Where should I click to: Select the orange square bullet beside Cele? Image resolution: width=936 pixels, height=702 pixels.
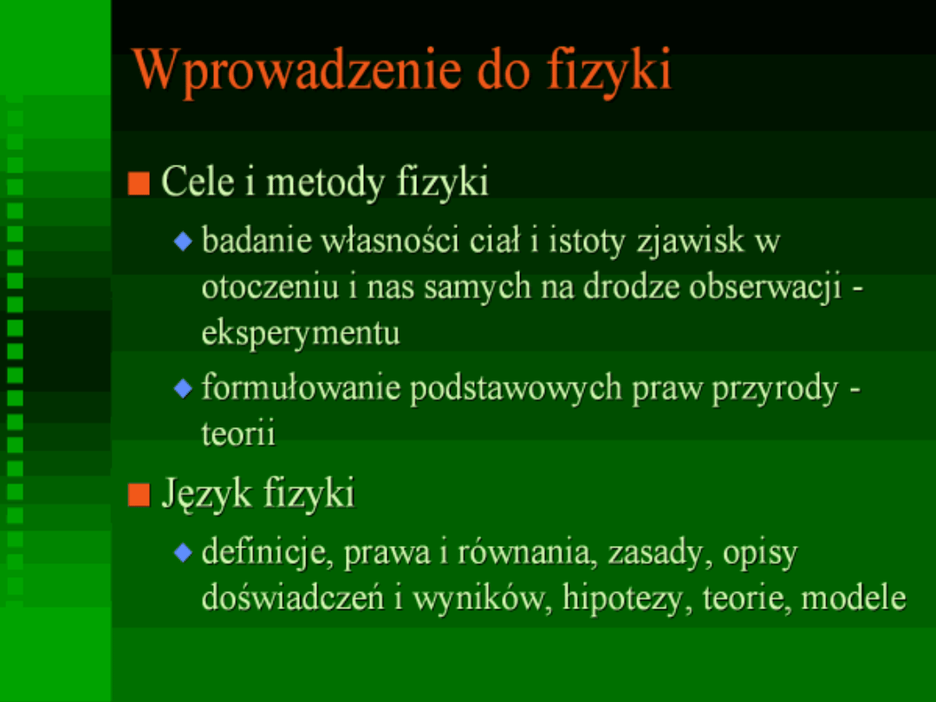pos(139,183)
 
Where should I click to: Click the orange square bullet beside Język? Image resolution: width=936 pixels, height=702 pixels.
pos(139,495)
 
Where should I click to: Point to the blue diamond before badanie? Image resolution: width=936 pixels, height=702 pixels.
pos(183,242)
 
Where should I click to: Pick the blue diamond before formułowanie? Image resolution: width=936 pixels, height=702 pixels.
pos(183,388)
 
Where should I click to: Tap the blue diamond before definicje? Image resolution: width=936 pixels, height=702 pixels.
pos(183,553)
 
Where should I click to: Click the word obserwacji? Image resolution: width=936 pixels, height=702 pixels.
pos(765,288)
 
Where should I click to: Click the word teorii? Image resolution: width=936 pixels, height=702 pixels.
pos(238,433)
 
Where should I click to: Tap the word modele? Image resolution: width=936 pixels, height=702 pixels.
pos(854,597)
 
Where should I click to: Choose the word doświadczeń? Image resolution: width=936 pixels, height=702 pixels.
pos(293,597)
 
